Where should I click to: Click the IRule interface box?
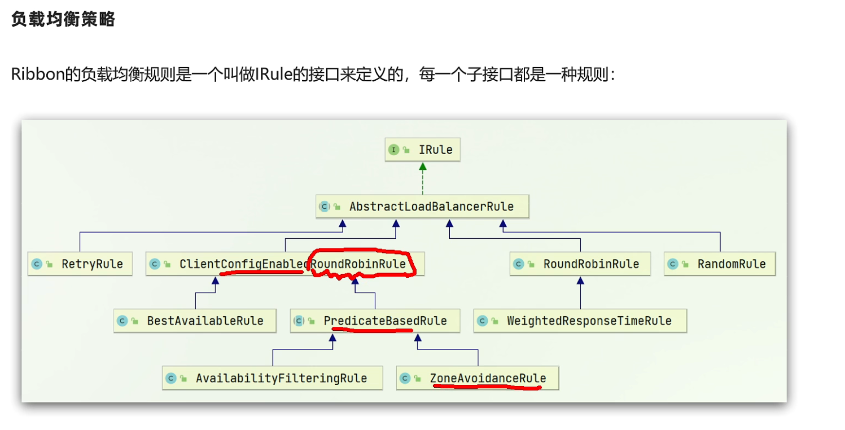coord(422,149)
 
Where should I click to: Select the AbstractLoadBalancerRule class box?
coord(422,206)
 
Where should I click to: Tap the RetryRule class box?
coord(80,264)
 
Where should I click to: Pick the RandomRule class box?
coord(719,264)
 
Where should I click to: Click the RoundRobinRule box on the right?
coord(580,264)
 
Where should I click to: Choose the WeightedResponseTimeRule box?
coord(580,321)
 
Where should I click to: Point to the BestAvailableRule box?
coord(195,321)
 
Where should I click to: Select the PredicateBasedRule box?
coord(375,321)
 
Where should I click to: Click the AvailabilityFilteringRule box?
coord(272,378)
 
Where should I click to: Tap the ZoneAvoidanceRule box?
coord(478,378)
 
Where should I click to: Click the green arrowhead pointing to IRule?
coord(422,166)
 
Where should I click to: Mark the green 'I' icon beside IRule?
coord(393,150)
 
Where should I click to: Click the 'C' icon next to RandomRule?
coord(673,264)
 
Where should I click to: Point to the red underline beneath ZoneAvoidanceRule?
coord(487,387)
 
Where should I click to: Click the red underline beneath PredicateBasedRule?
coord(372,330)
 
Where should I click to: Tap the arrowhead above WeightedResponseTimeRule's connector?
coord(580,281)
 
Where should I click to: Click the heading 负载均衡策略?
coord(63,19)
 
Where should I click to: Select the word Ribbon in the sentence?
coord(38,74)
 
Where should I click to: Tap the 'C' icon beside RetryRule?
coord(37,264)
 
